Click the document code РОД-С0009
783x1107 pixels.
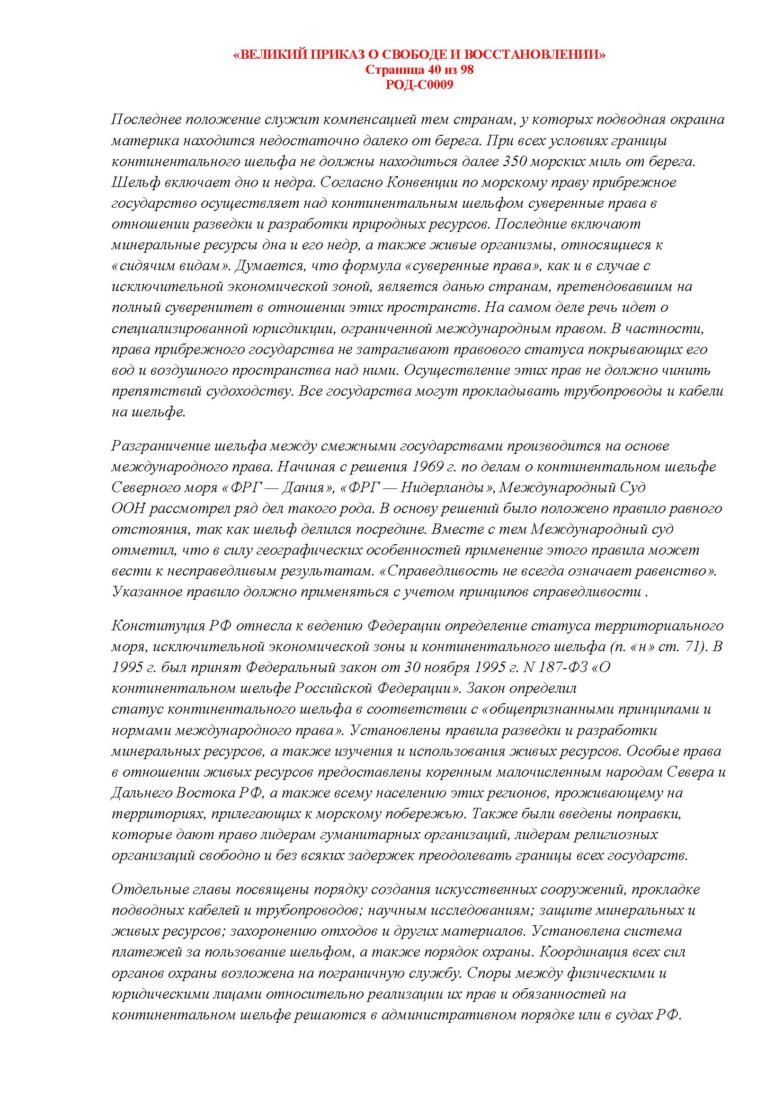[x=419, y=85]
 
